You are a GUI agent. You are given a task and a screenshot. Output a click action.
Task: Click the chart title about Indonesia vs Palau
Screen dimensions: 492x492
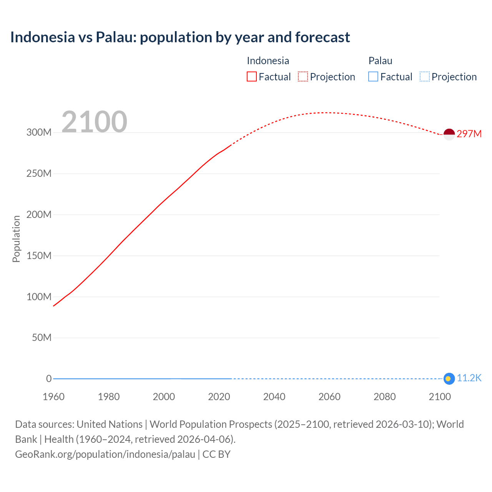tap(180, 37)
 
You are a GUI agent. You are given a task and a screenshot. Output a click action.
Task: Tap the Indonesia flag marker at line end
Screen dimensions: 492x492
tap(449, 134)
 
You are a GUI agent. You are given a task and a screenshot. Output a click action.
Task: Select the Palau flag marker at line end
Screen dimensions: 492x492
tap(449, 379)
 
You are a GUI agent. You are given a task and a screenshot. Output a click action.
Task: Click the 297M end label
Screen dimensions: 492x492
tap(469, 134)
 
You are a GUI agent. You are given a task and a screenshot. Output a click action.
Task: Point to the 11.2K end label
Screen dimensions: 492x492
tap(469, 378)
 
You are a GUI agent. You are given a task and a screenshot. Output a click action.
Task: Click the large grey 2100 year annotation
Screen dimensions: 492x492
tap(94, 122)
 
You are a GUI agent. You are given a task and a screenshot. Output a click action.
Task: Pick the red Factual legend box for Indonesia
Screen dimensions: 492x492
tap(252, 77)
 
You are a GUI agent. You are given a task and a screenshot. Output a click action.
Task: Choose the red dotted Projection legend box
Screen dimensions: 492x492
tap(303, 77)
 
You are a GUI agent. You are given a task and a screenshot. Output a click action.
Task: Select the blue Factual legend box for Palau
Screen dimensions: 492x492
tap(373, 77)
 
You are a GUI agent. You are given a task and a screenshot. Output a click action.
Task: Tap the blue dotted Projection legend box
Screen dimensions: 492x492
tap(425, 77)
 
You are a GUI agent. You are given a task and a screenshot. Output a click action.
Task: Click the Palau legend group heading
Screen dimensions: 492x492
tap(380, 61)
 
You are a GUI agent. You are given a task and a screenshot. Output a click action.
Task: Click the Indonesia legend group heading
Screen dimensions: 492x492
tap(268, 61)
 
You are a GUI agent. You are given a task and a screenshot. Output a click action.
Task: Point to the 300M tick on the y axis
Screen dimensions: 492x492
tap(39, 133)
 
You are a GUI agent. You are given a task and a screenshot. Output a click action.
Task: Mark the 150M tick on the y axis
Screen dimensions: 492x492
tap(39, 256)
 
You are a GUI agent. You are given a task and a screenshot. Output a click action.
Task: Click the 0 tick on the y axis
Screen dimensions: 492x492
tap(49, 379)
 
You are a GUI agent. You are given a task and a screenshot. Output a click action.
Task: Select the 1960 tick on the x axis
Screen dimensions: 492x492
tap(53, 397)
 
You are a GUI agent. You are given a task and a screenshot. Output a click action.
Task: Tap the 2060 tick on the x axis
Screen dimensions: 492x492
tap(329, 397)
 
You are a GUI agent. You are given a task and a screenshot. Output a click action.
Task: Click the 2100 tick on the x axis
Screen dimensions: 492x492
tap(440, 397)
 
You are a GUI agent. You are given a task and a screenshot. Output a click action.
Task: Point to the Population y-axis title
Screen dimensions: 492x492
tap(16, 239)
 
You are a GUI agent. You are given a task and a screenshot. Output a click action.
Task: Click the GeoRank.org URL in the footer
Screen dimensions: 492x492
tap(105, 454)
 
